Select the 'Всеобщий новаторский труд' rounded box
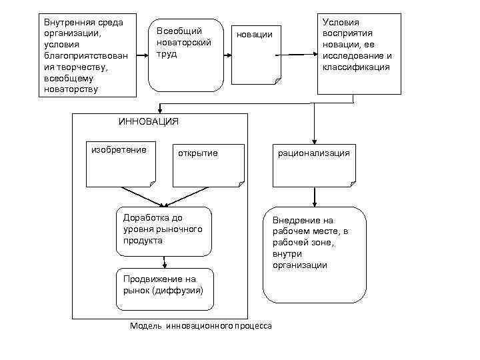[185, 55]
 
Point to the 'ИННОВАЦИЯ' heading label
[148, 121]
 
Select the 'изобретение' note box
[119, 163]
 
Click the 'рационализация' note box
[313, 165]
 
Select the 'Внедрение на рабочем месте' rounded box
[314, 254]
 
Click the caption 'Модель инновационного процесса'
[201, 326]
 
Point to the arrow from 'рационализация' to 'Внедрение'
[314, 197]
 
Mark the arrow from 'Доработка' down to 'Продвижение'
[163, 262]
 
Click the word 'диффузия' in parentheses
[178, 291]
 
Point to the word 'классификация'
[356, 67]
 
